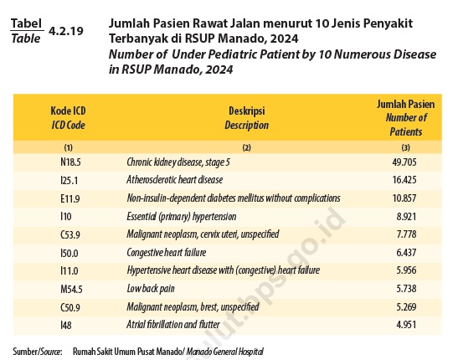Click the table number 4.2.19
66,31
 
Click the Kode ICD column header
68,118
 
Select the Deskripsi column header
246,118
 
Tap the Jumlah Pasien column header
406,118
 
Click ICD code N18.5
70,162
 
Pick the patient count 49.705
404,162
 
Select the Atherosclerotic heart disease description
175,179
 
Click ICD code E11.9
70,198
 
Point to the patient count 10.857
404,198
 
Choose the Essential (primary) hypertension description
182,217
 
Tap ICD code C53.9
70,234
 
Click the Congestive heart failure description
166,253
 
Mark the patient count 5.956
406,270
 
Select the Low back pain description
151,289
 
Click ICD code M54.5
71,289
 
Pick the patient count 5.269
406,307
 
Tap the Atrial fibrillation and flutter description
173,324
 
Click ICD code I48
65,325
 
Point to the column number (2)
246,147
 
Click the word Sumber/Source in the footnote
38,352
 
